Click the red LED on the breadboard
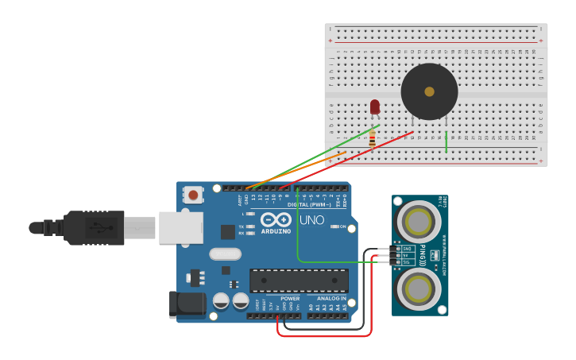point(375,106)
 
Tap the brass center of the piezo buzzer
point(429,91)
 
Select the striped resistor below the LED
point(372,139)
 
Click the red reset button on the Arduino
point(193,194)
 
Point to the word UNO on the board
point(311,219)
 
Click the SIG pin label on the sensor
point(407,261)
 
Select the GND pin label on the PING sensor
point(407,249)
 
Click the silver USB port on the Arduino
point(180,227)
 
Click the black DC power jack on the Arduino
point(186,304)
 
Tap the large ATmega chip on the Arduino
point(299,281)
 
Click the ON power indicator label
point(343,227)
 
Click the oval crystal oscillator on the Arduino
point(225,254)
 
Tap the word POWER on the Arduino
point(290,299)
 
